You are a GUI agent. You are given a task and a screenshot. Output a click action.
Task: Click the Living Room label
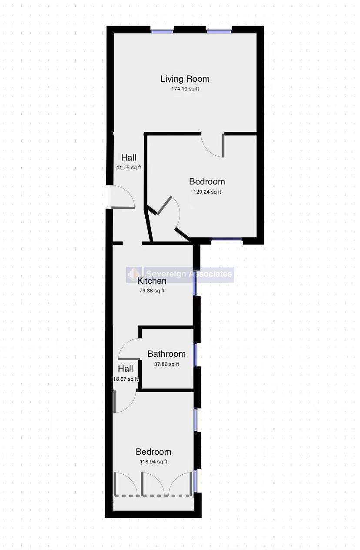pos(185,79)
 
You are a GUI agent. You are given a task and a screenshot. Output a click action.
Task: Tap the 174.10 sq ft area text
pos(185,89)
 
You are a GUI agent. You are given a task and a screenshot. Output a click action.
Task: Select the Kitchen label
pos(152,281)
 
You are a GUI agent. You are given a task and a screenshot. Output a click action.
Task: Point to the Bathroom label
pos(167,354)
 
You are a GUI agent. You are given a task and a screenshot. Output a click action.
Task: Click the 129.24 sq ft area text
pos(207,192)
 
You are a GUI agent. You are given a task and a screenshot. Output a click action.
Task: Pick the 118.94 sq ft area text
pos(153,462)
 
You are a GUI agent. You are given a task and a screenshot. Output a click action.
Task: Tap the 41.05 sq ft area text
pos(129,168)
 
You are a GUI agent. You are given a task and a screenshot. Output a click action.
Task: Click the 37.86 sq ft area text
pos(167,364)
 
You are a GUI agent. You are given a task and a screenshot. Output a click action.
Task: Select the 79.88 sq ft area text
pos(152,291)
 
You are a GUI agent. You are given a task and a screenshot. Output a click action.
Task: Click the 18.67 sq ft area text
pos(125,379)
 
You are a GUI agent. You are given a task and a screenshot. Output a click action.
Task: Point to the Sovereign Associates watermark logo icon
pos(134,274)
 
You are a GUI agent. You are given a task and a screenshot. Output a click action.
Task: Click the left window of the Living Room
pos(162,31)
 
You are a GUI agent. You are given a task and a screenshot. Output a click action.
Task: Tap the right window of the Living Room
pos(219,31)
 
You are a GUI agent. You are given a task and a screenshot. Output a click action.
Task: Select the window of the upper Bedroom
pos(227,239)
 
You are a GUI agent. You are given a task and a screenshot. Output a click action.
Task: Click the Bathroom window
pos(195,355)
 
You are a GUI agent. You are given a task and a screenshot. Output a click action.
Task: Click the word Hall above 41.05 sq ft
pos(129,158)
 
